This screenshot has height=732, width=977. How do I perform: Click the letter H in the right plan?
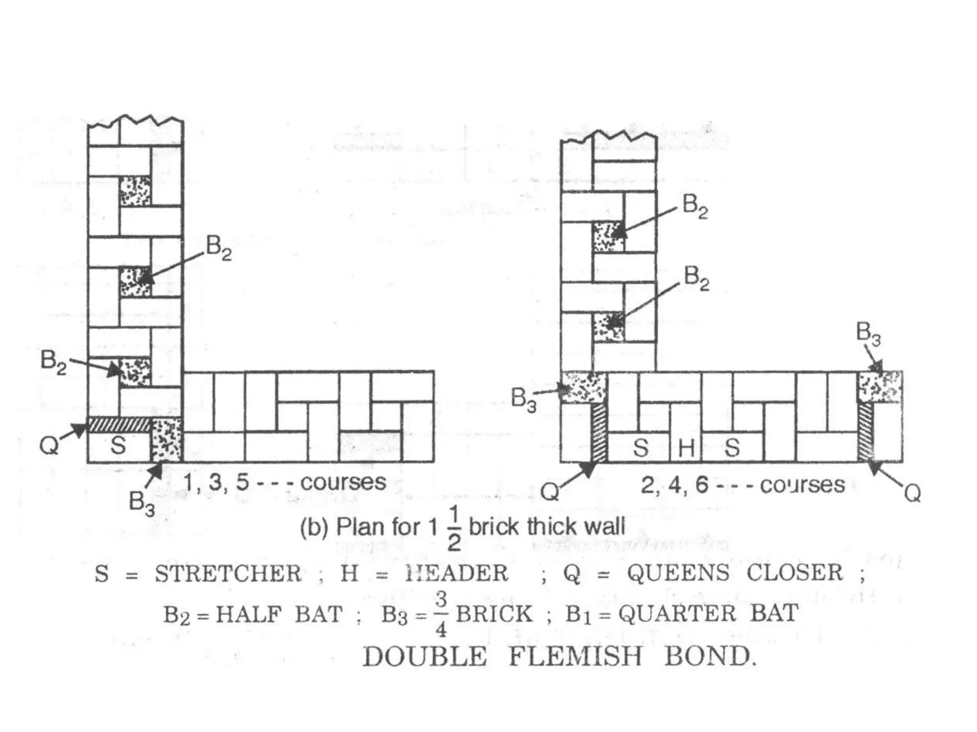(x=686, y=448)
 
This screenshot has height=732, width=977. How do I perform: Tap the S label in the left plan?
(x=118, y=446)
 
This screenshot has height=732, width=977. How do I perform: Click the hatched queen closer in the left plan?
(x=119, y=425)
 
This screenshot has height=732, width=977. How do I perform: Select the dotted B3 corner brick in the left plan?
(x=166, y=440)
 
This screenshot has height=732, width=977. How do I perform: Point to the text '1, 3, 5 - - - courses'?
(x=285, y=482)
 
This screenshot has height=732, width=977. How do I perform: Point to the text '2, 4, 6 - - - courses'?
(x=743, y=485)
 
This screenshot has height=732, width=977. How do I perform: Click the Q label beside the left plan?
(x=49, y=446)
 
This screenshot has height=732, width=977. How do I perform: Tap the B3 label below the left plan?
(x=142, y=503)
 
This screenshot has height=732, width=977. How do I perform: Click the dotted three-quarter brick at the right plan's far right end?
(x=880, y=386)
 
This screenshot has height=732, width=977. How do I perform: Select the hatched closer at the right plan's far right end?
(x=866, y=432)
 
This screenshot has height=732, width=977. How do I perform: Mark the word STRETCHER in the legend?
(x=228, y=573)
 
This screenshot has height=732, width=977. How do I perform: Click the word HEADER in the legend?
(x=457, y=573)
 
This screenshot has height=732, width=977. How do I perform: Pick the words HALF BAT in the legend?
(x=279, y=614)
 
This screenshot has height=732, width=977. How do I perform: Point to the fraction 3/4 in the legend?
(x=441, y=614)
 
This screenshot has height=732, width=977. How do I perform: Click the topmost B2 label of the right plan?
(x=695, y=205)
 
